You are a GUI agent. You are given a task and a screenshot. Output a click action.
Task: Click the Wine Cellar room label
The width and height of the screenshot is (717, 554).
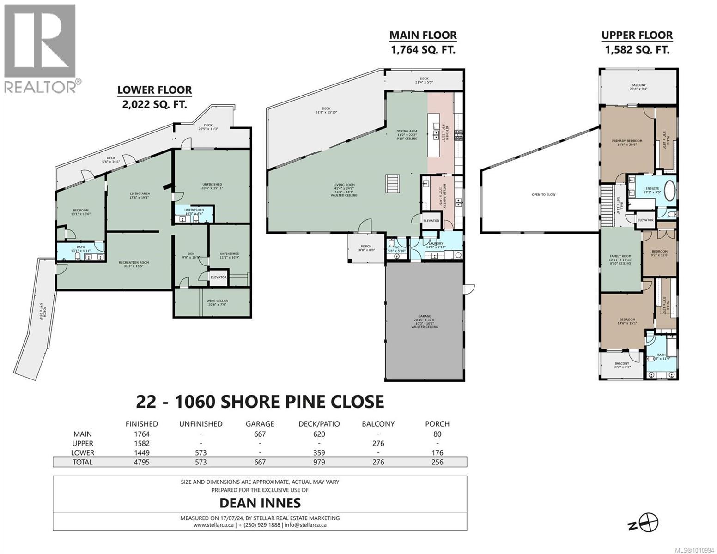pyautogui.click(x=217, y=301)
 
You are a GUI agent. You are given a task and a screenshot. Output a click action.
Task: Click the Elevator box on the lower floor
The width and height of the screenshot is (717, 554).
pyautogui.click(x=219, y=277)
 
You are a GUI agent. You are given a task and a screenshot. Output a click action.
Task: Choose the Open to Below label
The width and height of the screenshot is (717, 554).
pyautogui.click(x=543, y=194)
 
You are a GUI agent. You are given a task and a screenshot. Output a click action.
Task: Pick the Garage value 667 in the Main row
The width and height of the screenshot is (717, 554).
pyautogui.click(x=261, y=434)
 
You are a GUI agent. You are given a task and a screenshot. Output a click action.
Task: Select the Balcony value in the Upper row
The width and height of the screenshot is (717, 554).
pyautogui.click(x=378, y=444)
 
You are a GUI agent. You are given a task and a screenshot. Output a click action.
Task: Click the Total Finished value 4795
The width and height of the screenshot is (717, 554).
pyautogui.click(x=141, y=462)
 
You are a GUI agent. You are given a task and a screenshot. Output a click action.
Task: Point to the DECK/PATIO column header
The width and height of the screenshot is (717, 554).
pyautogui.click(x=319, y=424)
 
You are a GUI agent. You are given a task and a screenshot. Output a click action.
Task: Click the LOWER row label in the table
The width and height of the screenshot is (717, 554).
pyautogui.click(x=83, y=453)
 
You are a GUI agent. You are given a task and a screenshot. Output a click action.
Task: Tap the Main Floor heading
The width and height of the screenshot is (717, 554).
pyautogui.click(x=423, y=35)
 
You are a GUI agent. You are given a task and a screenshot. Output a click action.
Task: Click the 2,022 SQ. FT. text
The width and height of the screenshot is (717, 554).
pyautogui.click(x=154, y=104)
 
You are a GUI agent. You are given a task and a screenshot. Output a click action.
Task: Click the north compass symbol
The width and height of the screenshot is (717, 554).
pyautogui.click(x=650, y=523)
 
